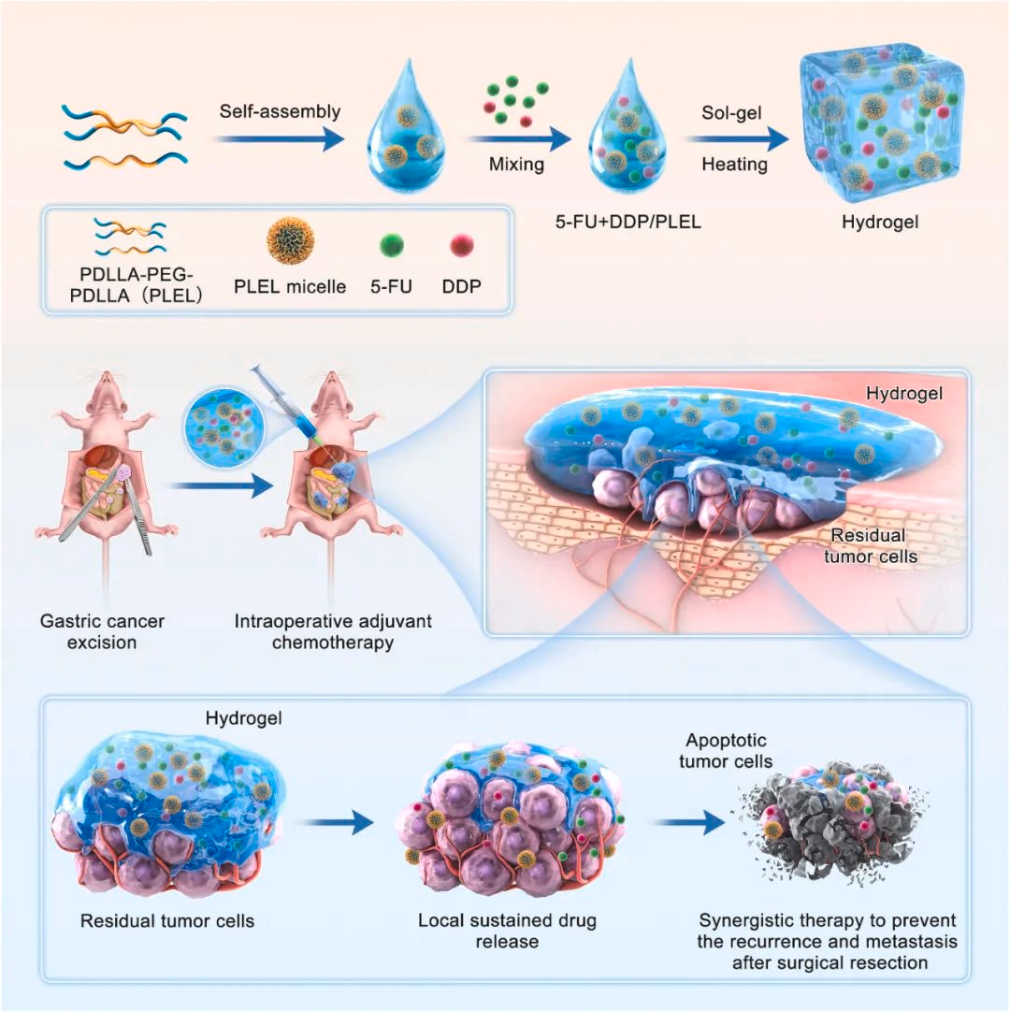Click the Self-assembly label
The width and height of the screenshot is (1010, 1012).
point(281,112)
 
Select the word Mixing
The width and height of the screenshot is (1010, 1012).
point(516,165)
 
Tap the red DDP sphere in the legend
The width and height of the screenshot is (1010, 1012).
point(461,246)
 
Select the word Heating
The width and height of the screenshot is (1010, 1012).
point(735,165)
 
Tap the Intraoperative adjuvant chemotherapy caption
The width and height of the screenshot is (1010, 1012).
point(332,630)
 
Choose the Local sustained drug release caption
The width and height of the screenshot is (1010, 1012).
point(506,930)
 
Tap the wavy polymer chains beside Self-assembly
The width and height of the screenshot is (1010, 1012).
point(114,135)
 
